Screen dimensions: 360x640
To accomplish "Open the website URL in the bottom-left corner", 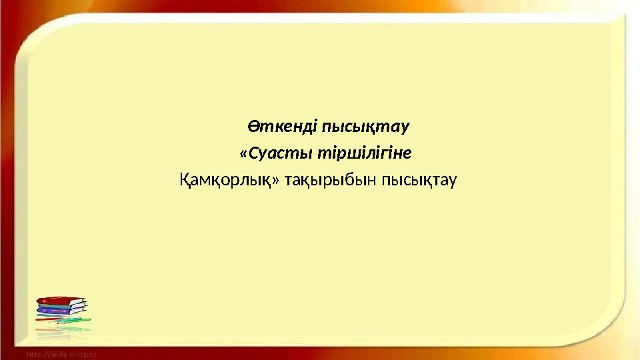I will click(62, 353).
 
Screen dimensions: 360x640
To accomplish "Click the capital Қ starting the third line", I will click(186, 180).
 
